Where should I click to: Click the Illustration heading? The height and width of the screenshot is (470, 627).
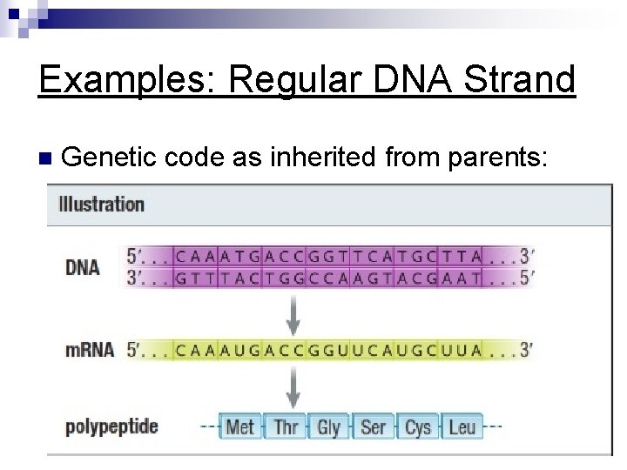pyautogui.click(x=101, y=205)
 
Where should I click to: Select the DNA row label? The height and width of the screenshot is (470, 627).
pyautogui.click(x=83, y=266)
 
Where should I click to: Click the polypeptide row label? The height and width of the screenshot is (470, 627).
pyautogui.click(x=111, y=426)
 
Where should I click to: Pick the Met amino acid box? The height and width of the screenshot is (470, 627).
pyautogui.click(x=239, y=426)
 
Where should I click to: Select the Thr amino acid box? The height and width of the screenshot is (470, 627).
pyautogui.click(x=285, y=426)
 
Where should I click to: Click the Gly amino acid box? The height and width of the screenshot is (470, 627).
pyautogui.click(x=328, y=426)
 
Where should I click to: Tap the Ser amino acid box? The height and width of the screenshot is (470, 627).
pyautogui.click(x=373, y=426)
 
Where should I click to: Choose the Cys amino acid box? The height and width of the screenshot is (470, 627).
pyautogui.click(x=417, y=426)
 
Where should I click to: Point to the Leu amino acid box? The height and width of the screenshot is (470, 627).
pyautogui.click(x=462, y=426)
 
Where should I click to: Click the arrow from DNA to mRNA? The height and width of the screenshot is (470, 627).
pyautogui.click(x=294, y=313)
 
